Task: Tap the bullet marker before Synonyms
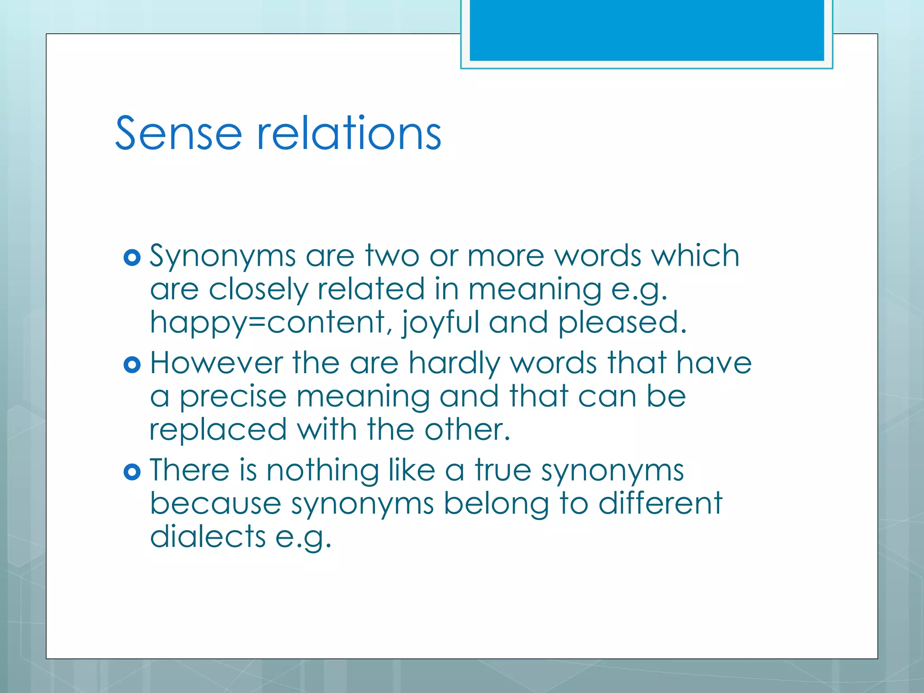pos(132,258)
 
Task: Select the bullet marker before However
pos(132,365)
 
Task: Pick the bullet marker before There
pos(132,472)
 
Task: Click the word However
pos(216,363)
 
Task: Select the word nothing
pos(323,470)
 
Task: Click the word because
pos(216,504)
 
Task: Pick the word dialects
pos(208,537)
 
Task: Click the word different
pos(660,504)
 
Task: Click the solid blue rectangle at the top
pos(647,30)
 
